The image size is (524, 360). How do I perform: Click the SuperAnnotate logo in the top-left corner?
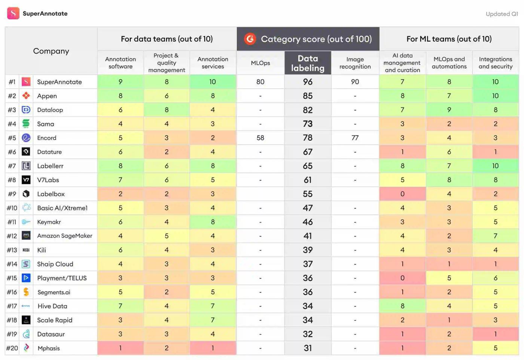[x=13, y=13]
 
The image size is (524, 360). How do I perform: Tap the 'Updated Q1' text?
[x=502, y=14]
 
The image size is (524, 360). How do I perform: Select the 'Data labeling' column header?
[x=308, y=63]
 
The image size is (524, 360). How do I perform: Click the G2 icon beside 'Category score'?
[x=250, y=39]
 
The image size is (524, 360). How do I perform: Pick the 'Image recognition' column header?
[x=355, y=63]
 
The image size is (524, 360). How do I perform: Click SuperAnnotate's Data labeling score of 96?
[x=308, y=82]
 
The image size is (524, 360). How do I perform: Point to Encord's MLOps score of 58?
[x=260, y=138]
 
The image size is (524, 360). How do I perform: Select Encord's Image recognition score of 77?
[x=355, y=138]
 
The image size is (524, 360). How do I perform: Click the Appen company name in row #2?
[x=47, y=96]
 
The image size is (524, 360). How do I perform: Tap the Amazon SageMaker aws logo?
[x=26, y=236]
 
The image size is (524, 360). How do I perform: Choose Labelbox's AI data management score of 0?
[x=402, y=194]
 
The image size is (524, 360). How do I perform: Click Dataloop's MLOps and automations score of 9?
[x=449, y=110]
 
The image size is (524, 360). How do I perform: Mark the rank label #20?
[x=12, y=348]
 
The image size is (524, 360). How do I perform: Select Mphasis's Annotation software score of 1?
[x=120, y=348]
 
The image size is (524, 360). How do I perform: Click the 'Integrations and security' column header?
[x=496, y=63]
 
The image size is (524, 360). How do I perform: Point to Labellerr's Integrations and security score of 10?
[x=495, y=166]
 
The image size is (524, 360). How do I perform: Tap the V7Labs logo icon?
[x=26, y=180]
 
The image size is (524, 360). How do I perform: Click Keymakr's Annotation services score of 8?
[x=213, y=222]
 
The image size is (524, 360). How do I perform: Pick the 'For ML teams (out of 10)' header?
[x=449, y=39]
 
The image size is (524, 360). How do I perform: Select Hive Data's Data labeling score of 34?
[x=308, y=306]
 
